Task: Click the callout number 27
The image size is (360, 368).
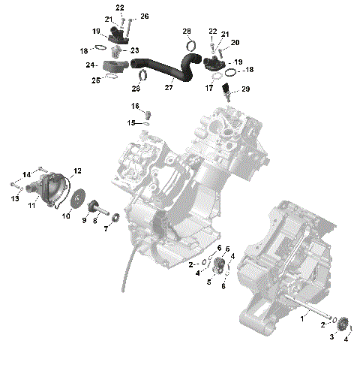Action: (x=169, y=88)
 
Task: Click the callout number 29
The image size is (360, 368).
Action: (x=245, y=90)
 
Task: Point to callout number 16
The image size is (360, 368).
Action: (x=136, y=106)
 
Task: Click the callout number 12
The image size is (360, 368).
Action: (x=77, y=172)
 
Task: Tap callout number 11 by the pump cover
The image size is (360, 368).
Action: (x=31, y=205)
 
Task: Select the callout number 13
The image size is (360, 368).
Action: (x=15, y=198)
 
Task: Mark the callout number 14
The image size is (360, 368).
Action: (x=25, y=174)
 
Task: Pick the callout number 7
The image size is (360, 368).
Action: (x=106, y=228)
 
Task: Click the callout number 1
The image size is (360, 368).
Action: (x=303, y=318)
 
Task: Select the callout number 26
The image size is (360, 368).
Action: (x=145, y=16)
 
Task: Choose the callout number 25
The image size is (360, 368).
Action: (x=95, y=80)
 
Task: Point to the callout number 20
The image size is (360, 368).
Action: (x=235, y=43)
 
